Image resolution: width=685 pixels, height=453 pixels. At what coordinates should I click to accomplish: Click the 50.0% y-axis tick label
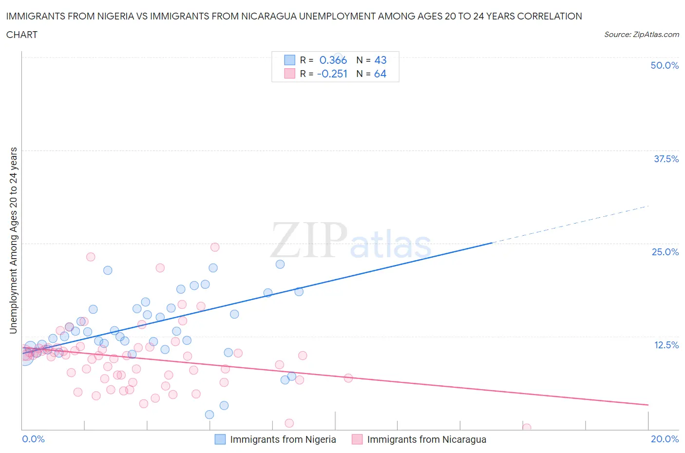click(x=665, y=65)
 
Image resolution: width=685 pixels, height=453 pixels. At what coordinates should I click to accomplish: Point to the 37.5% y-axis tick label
click(x=666, y=159)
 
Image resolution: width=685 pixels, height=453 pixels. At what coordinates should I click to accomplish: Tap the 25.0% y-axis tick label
click(x=665, y=252)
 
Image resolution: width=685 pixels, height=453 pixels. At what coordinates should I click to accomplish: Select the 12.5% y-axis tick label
click(x=666, y=345)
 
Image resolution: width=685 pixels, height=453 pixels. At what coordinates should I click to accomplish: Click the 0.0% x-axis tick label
click(x=33, y=439)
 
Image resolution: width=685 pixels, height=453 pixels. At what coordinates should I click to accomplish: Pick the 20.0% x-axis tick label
click(x=665, y=439)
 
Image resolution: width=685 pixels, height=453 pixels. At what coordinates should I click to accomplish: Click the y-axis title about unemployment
click(x=13, y=241)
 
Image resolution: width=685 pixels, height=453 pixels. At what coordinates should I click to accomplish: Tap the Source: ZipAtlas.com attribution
click(x=641, y=35)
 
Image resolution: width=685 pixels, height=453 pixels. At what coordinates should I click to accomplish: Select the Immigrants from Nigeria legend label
click(x=283, y=439)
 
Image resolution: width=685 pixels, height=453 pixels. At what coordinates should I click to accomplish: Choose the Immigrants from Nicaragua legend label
click(x=426, y=439)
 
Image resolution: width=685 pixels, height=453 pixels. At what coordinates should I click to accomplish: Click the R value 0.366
click(x=333, y=60)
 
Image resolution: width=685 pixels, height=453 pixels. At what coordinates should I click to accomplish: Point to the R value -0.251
click(x=332, y=74)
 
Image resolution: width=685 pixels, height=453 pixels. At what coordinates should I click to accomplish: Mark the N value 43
click(x=380, y=60)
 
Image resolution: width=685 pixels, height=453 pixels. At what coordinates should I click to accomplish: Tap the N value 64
click(x=380, y=74)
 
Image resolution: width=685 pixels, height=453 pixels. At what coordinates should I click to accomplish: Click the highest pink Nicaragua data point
click(x=215, y=247)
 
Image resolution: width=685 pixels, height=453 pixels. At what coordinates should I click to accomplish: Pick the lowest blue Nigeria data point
click(x=209, y=415)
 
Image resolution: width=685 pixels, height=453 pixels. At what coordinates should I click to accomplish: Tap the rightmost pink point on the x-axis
click(x=527, y=428)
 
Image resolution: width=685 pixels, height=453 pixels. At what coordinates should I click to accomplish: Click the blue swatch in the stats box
click(x=289, y=60)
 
